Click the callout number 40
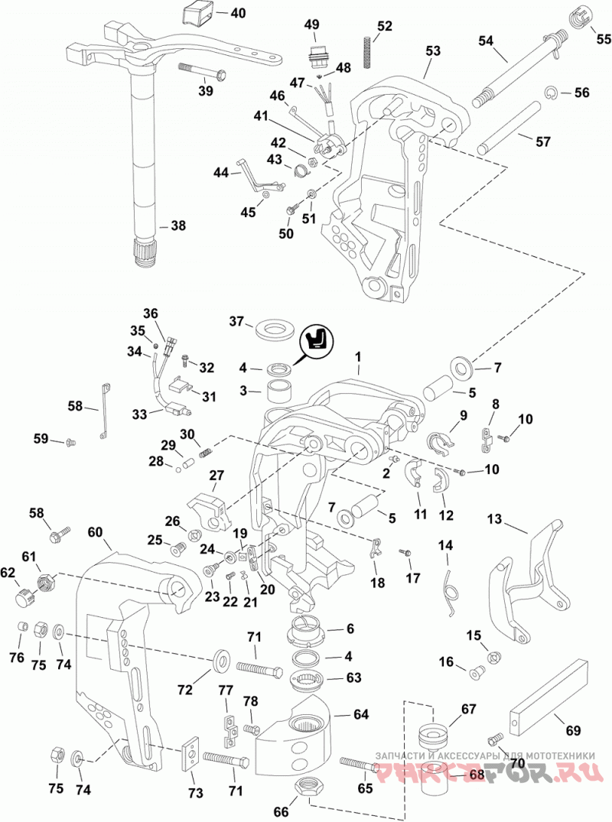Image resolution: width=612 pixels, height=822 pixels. pos(238,12)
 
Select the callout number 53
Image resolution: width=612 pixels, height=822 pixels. pos(433,51)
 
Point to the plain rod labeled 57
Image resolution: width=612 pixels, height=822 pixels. pos(508,128)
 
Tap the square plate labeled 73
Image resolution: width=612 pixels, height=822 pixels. pos(192,753)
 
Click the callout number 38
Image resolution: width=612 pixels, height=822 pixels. pos(178,226)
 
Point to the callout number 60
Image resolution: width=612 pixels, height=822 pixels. pos(95,532)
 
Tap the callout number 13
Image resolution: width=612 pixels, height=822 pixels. pos(494,519)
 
